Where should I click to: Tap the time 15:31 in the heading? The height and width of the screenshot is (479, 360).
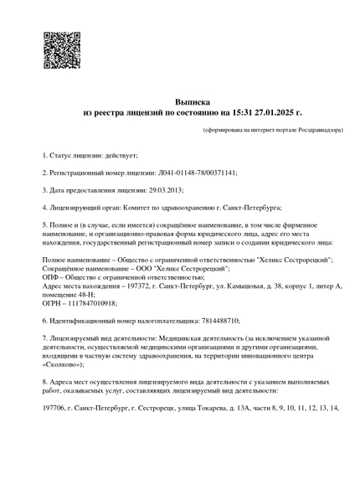click(x=236, y=111)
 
